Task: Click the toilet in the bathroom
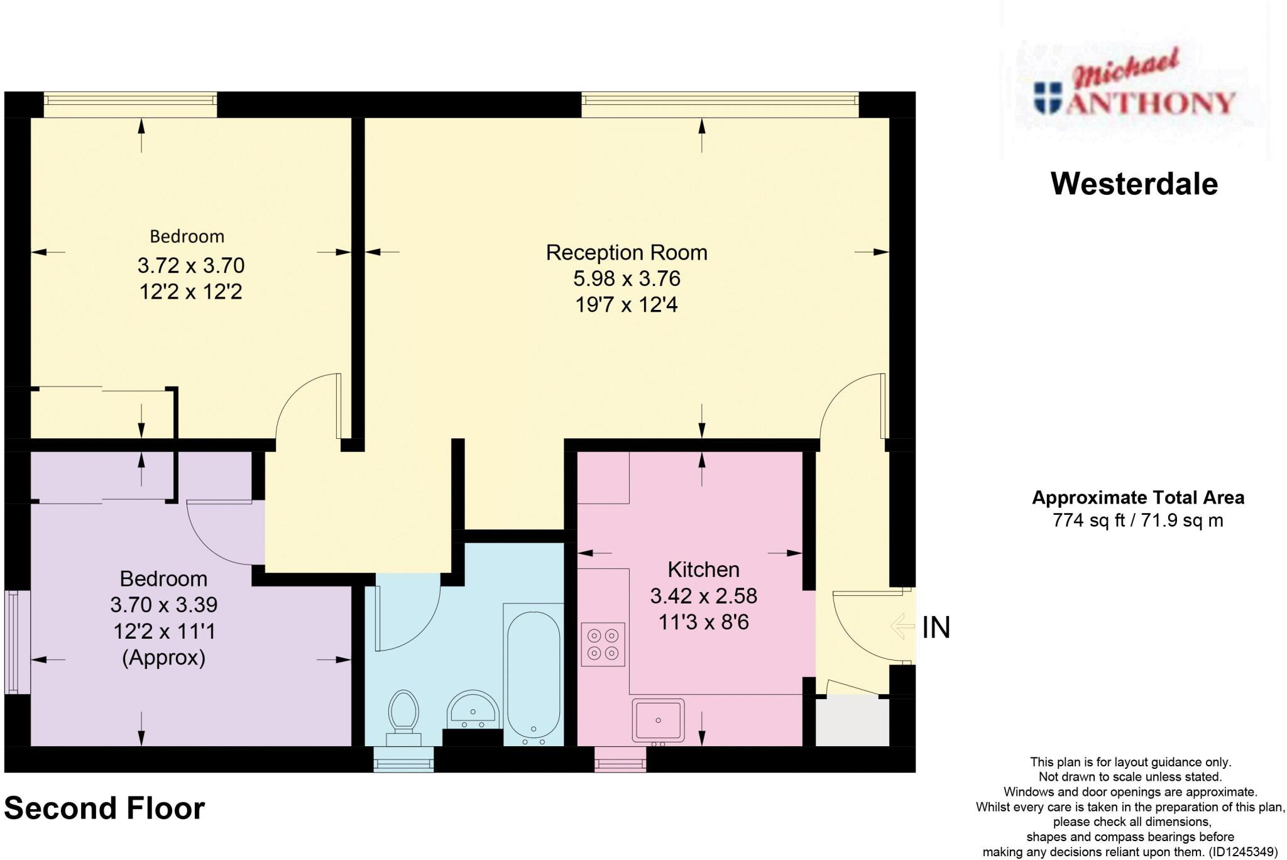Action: [404, 717]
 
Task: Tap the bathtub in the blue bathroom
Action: [533, 676]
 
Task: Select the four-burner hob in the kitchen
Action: [603, 644]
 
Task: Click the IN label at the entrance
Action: [936, 628]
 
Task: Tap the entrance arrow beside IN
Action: [902, 626]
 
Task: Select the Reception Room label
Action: [627, 253]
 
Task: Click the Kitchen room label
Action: [703, 570]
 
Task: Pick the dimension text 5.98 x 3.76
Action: [627, 278]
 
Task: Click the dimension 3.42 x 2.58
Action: [703, 596]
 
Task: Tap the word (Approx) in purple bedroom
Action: [164, 658]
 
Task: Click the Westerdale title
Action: [1134, 184]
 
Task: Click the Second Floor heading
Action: [104, 808]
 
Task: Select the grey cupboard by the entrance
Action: [852, 722]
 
